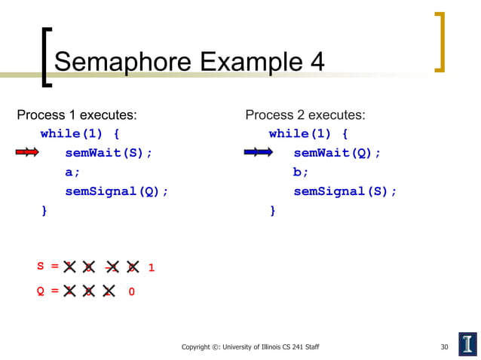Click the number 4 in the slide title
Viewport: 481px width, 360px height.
click(x=317, y=62)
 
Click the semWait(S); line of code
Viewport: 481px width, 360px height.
click(x=109, y=153)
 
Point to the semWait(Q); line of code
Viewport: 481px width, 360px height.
click(x=337, y=153)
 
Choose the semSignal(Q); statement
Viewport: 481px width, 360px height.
click(x=116, y=191)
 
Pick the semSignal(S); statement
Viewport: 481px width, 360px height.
click(x=345, y=191)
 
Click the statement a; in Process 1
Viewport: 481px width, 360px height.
click(x=72, y=172)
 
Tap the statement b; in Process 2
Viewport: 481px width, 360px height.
click(x=301, y=172)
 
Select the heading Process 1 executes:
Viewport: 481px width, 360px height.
click(x=77, y=115)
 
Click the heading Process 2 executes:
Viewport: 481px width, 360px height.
click(x=305, y=115)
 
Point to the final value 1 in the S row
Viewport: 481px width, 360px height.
click(x=152, y=267)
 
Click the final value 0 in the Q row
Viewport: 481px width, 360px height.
click(x=132, y=291)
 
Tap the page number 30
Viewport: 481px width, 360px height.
click(x=444, y=347)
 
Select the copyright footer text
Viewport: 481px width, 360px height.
click(x=250, y=347)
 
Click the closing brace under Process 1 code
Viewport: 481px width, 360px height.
click(x=44, y=211)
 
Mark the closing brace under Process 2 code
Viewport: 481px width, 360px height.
click(x=273, y=211)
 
